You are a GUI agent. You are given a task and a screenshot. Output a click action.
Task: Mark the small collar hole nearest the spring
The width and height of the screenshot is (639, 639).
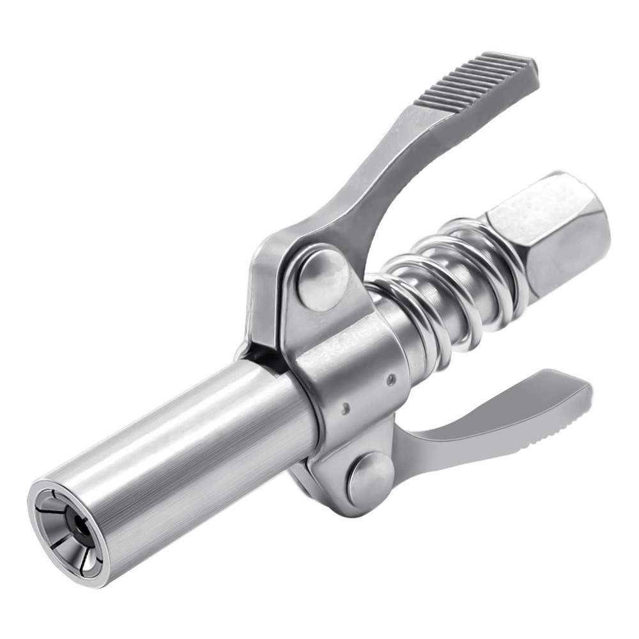(391, 380)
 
